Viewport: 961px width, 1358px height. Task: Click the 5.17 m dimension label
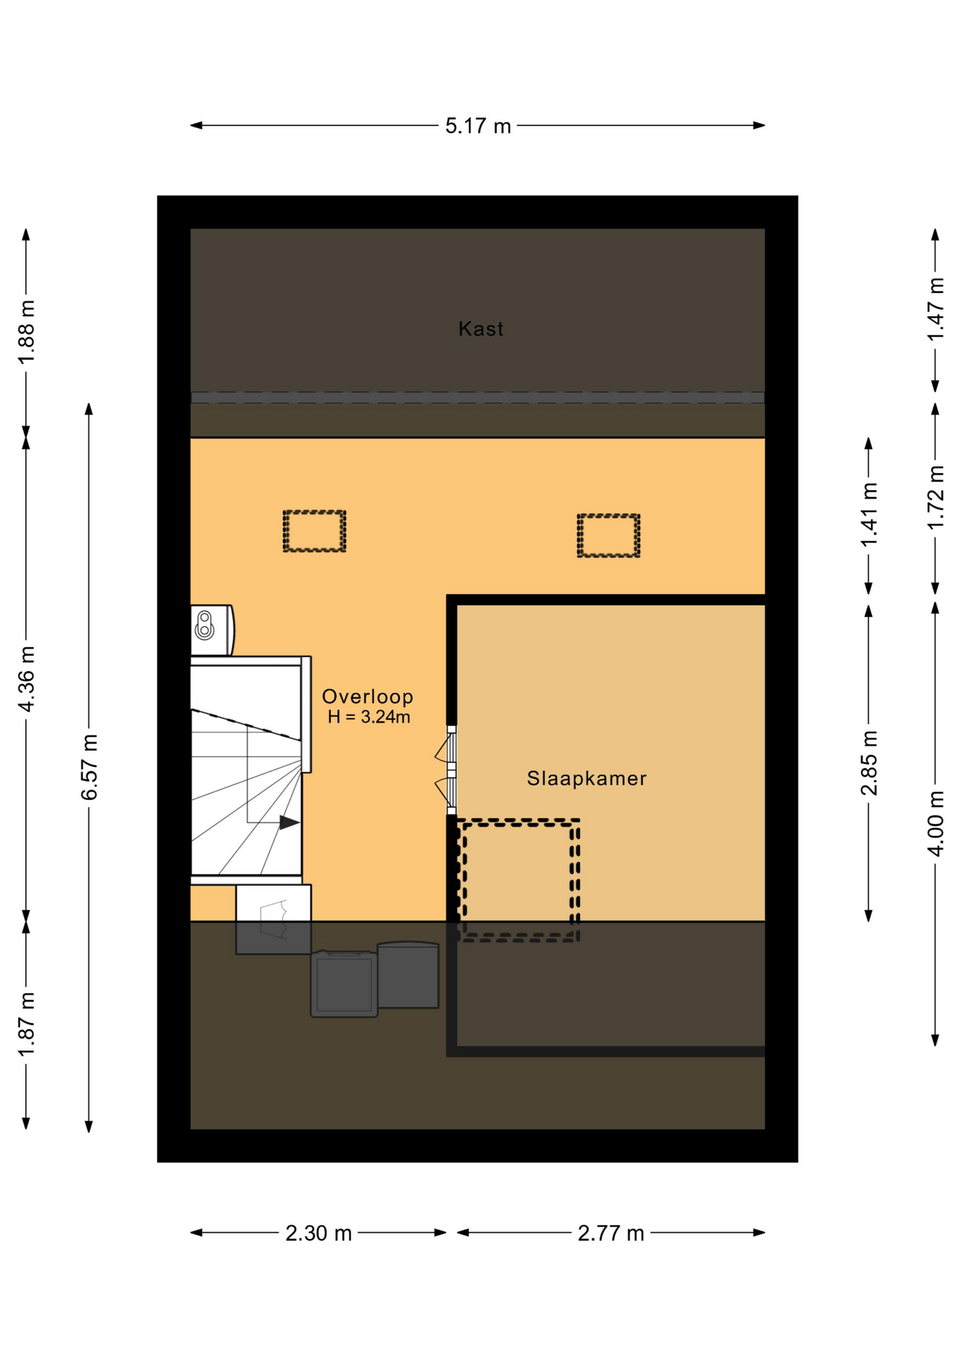pyautogui.click(x=478, y=126)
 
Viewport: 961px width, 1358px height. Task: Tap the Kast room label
pyautogui.click(x=480, y=329)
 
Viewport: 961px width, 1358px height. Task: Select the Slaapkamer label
pyautogui.click(x=587, y=779)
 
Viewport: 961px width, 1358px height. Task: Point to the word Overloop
pyautogui.click(x=367, y=697)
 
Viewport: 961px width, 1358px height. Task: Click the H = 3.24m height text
pyautogui.click(x=369, y=717)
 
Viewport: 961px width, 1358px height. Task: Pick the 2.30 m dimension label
pyautogui.click(x=318, y=1234)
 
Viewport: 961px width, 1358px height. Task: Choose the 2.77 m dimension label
pyautogui.click(x=611, y=1234)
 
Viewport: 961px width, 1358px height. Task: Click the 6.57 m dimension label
pyautogui.click(x=89, y=767)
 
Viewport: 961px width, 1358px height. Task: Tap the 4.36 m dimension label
pyautogui.click(x=26, y=679)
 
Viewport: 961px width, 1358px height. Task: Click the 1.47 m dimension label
pyautogui.click(x=936, y=309)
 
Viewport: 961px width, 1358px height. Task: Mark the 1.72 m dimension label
pyautogui.click(x=936, y=497)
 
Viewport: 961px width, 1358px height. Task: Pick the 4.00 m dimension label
pyautogui.click(x=936, y=824)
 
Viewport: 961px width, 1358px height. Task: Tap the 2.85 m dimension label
pyautogui.click(x=869, y=763)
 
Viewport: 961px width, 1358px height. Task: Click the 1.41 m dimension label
pyautogui.click(x=869, y=514)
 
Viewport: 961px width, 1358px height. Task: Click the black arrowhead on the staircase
pyautogui.click(x=289, y=823)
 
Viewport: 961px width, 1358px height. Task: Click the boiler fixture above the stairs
pyautogui.click(x=212, y=629)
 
